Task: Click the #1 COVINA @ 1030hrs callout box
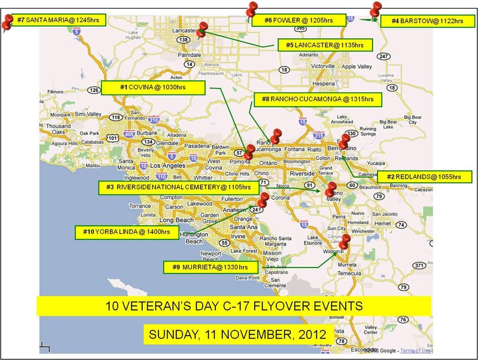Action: click(152, 88)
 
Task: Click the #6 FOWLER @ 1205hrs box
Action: click(297, 20)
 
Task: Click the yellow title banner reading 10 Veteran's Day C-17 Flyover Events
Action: click(234, 305)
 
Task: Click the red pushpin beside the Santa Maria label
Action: click(7, 22)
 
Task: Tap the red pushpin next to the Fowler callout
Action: click(251, 10)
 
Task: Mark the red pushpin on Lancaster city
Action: click(202, 29)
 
